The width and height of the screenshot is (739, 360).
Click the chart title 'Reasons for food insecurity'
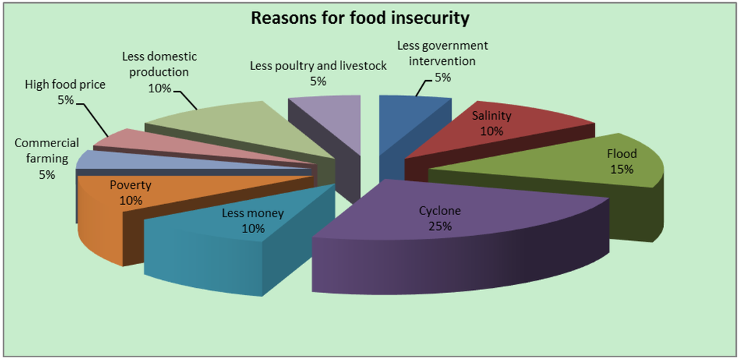coord(359,17)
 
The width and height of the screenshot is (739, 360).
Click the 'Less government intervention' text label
coord(442,53)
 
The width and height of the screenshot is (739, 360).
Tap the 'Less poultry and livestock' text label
coord(318,66)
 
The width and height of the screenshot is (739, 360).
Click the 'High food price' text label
coord(65,84)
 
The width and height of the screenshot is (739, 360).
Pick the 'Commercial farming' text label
coord(47,151)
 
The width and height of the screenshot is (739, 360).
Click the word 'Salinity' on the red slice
coord(491,116)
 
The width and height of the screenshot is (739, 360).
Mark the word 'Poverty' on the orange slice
coord(131,185)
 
